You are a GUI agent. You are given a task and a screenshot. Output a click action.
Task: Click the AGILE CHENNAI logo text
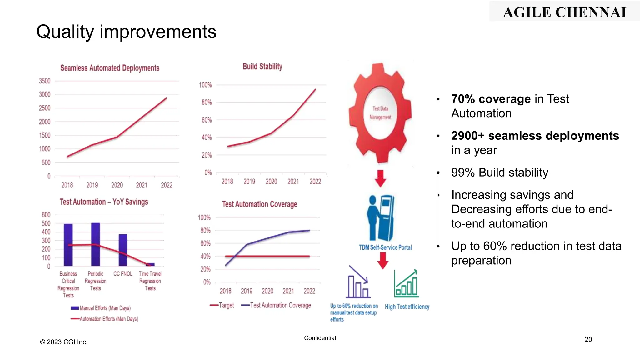(x=564, y=12)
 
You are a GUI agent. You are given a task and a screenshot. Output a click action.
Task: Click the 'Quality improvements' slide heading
(x=126, y=32)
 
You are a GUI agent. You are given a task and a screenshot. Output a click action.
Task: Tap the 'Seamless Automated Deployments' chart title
(x=110, y=68)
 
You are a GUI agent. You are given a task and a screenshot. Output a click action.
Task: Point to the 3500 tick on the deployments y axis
(x=45, y=81)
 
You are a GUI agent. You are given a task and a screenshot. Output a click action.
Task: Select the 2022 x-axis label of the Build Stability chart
(x=315, y=182)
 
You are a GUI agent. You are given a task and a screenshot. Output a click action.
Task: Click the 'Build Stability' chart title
(x=262, y=66)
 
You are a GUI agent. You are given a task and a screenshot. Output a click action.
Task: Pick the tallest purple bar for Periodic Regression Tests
(x=96, y=244)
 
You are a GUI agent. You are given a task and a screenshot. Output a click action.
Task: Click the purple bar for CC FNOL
(x=123, y=250)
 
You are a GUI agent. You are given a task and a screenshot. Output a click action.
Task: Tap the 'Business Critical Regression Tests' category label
(x=68, y=284)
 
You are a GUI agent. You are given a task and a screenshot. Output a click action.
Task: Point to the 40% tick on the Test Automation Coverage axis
(x=205, y=256)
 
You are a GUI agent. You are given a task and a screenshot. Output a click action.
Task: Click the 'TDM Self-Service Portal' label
(x=385, y=247)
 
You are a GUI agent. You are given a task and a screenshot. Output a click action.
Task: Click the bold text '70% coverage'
(x=491, y=99)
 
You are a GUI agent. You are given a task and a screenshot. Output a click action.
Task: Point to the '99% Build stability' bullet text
(x=499, y=172)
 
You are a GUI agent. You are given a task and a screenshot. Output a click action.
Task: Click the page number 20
(x=588, y=339)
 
